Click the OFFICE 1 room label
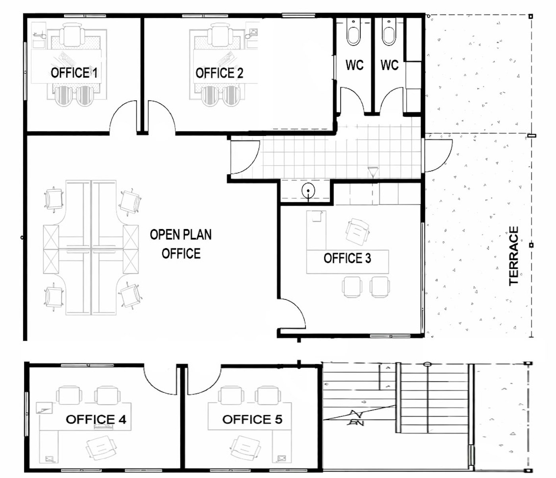click(74, 73)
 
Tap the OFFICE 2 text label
click(219, 73)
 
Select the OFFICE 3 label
click(347, 258)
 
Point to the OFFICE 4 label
click(96, 419)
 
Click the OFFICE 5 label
click(252, 419)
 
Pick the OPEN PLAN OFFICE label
click(181, 244)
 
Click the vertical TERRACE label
click(514, 256)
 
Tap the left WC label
click(355, 65)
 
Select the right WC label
click(390, 65)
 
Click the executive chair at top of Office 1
click(72, 35)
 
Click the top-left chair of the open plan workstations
click(54, 199)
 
